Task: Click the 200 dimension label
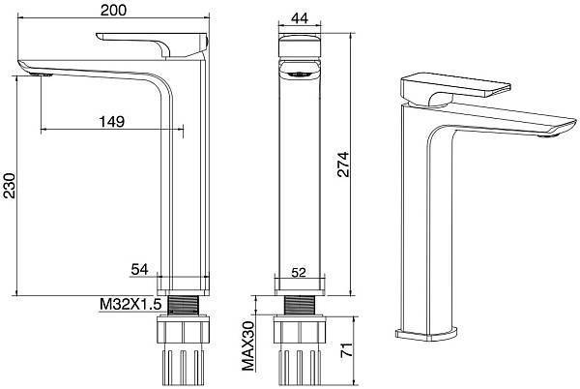tap(113, 11)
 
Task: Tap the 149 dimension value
tap(112, 121)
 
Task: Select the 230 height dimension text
tap(10, 186)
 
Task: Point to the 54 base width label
tap(139, 269)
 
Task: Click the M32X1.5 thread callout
tap(130, 304)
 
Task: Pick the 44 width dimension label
tap(300, 18)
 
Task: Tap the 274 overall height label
tap(343, 165)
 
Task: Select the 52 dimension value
tap(299, 273)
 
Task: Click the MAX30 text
tap(248, 345)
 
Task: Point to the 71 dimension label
tap(346, 350)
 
